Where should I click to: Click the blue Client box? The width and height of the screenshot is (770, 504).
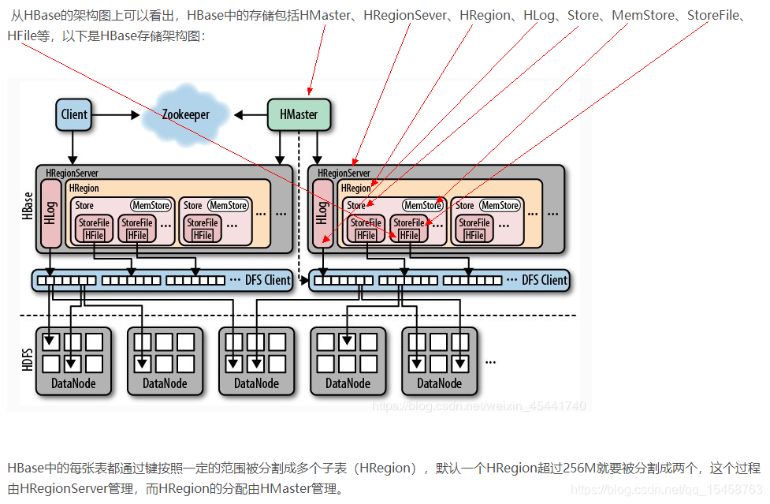click(x=74, y=114)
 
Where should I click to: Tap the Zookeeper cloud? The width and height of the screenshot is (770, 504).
click(x=186, y=114)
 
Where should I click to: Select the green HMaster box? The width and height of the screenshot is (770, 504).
click(x=299, y=114)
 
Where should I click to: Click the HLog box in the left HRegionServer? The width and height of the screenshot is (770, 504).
click(x=50, y=212)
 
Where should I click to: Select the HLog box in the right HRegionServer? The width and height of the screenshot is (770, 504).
click(x=322, y=212)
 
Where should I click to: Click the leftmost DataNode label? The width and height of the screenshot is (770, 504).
click(x=74, y=383)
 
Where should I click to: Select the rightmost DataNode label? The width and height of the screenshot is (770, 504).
click(x=439, y=383)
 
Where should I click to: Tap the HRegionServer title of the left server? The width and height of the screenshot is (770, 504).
click(x=72, y=173)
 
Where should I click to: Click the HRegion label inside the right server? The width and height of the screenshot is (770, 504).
click(x=355, y=189)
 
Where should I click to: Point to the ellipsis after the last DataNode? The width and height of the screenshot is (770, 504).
click(x=490, y=361)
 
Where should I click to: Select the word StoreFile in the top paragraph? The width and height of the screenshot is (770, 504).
click(x=714, y=16)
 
